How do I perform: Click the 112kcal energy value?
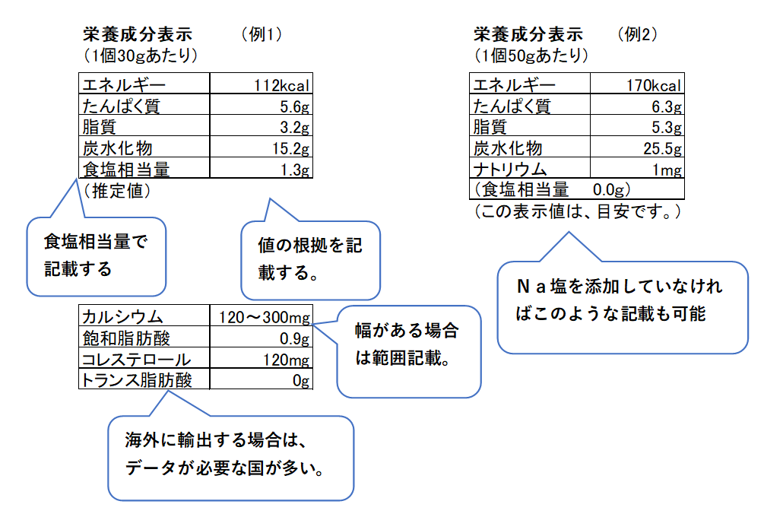[x=281, y=86]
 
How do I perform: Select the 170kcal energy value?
[x=654, y=86]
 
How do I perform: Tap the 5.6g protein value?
[x=294, y=106]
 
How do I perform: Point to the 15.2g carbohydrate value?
[x=291, y=148]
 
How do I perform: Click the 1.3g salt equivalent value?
[x=295, y=170]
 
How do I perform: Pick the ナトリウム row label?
[x=510, y=170]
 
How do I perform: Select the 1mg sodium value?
[x=667, y=170]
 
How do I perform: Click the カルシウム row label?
[x=122, y=317]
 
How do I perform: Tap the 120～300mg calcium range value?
[x=264, y=318]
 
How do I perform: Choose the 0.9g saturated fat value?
[x=294, y=338]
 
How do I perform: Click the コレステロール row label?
[x=136, y=360]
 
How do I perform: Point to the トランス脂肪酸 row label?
[x=137, y=380]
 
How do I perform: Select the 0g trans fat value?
[x=301, y=381]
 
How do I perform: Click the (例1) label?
[x=262, y=34]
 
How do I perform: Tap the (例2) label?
[x=637, y=34]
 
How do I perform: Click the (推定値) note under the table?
[x=117, y=191]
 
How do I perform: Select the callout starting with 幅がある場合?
[x=409, y=351]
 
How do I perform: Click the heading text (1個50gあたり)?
[x=531, y=55]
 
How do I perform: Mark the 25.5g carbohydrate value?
[x=663, y=148]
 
